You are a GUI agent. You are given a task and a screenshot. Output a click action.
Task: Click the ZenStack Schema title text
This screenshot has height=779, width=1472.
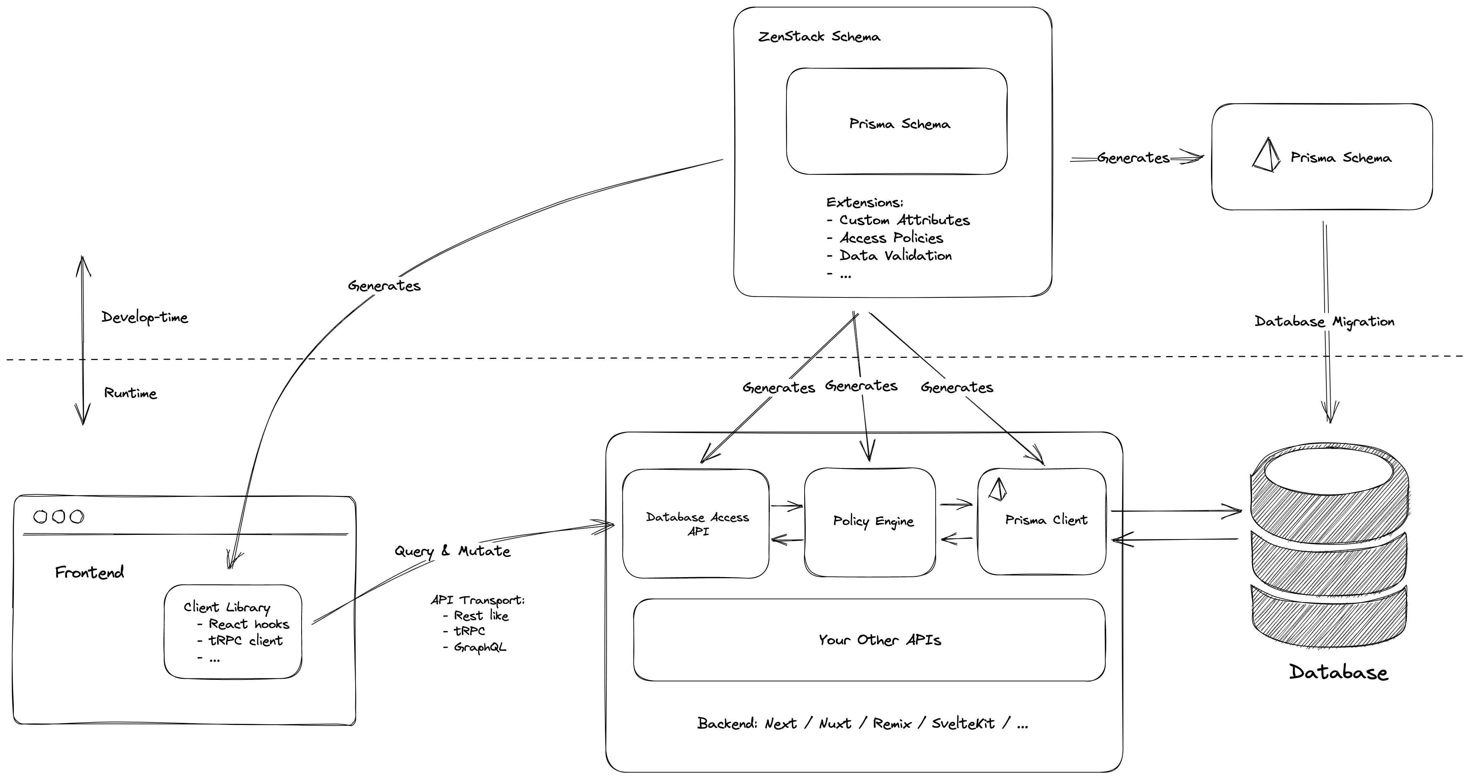[819, 37]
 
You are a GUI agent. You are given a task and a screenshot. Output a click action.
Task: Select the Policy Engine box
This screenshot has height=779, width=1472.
[870, 522]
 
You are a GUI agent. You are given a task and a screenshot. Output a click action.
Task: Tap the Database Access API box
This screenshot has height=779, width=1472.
[696, 523]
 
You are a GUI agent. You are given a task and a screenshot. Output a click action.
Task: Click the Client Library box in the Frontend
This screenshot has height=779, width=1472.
[233, 632]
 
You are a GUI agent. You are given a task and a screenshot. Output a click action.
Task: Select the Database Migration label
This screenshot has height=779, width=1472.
[1324, 321]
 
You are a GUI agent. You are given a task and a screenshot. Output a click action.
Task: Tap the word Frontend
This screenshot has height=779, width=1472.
[89, 572]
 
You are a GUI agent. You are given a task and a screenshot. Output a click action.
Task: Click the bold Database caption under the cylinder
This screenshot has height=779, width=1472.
[1338, 672]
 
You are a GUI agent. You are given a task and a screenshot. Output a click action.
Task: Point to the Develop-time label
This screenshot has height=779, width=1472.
[145, 317]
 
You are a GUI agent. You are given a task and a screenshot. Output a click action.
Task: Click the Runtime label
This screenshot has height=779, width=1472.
[130, 393]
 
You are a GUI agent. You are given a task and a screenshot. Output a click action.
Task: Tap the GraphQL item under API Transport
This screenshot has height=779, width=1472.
[480, 647]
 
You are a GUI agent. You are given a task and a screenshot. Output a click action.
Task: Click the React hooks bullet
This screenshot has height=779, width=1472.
[249, 624]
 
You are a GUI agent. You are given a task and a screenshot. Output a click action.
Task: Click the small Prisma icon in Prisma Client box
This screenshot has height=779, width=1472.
[997, 489]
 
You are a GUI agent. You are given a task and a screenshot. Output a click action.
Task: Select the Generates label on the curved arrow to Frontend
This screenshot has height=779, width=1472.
[384, 286]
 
